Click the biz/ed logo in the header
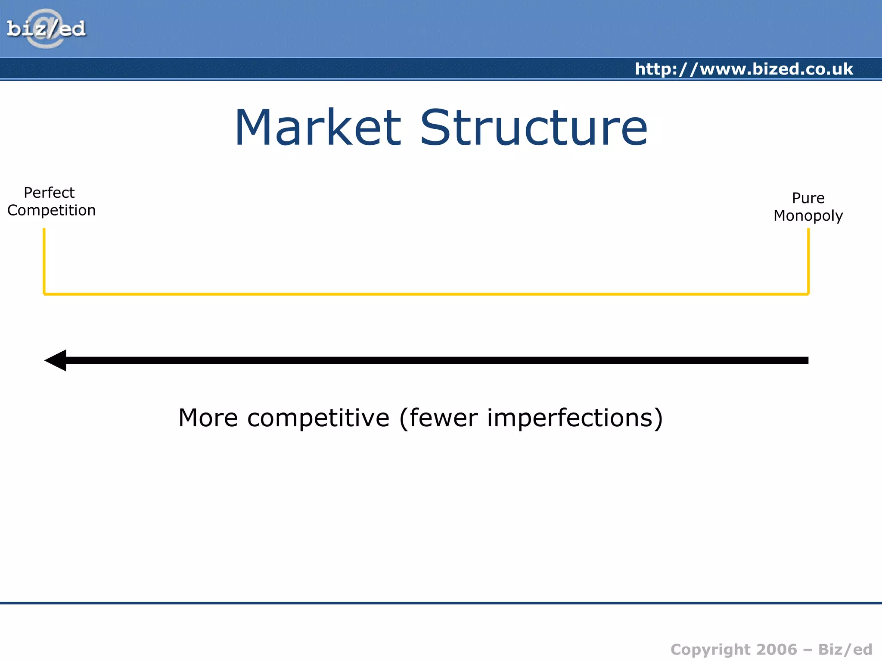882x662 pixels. pyautogui.click(x=47, y=29)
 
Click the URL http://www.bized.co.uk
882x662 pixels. pyautogui.click(x=744, y=69)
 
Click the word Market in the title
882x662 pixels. pyautogui.click(x=318, y=128)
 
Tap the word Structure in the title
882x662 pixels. pyautogui.click(x=534, y=128)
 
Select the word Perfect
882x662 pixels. pyautogui.click(x=49, y=193)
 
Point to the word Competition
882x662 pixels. pyautogui.click(x=51, y=210)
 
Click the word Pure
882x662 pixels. pyautogui.click(x=808, y=198)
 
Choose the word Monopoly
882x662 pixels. pyautogui.click(x=808, y=215)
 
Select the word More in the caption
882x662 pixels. pyautogui.click(x=208, y=418)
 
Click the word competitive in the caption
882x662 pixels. pyautogui.click(x=318, y=418)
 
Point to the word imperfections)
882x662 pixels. pyautogui.click(x=575, y=418)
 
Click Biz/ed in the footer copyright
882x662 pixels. pyautogui.click(x=845, y=650)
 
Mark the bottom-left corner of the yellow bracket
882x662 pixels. pyautogui.click(x=44, y=294)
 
